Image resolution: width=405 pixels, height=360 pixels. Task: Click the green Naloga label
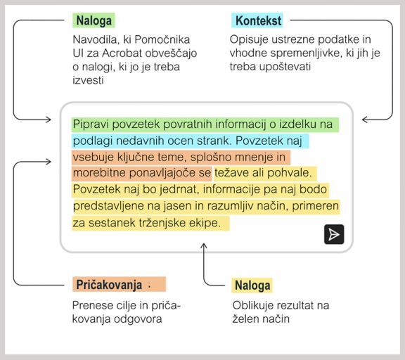click(93, 20)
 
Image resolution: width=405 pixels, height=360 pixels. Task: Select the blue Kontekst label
click(257, 20)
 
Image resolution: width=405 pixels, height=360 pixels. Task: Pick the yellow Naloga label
click(252, 285)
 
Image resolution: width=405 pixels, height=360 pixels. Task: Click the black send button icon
click(334, 235)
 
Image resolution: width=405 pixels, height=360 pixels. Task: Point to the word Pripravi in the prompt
click(91, 124)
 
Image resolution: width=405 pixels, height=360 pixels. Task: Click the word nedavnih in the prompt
click(134, 140)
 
